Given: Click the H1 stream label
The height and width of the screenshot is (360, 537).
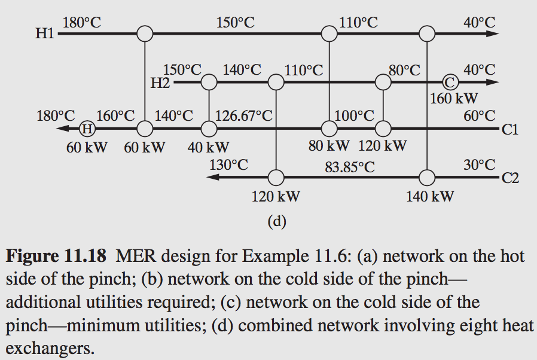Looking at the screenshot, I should [45, 34].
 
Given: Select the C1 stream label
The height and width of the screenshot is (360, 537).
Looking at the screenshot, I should [509, 129].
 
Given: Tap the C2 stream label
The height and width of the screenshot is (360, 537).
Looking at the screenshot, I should [509, 178].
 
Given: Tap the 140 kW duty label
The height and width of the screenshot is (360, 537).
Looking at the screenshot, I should [430, 196].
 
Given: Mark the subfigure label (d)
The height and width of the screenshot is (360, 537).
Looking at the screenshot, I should [277, 222].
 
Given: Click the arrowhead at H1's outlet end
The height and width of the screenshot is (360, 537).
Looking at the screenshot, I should [492, 33].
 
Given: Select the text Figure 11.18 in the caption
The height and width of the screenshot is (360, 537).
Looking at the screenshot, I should [57, 257].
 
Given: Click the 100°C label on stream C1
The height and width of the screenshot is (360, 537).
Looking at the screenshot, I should [355, 114].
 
